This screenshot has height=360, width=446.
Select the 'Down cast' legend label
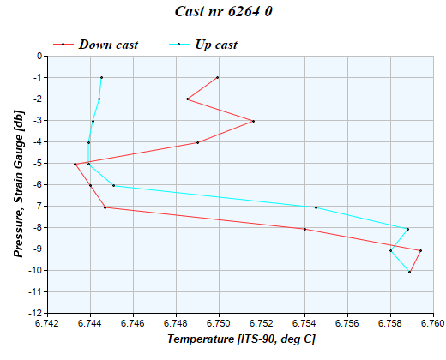(x=108, y=44)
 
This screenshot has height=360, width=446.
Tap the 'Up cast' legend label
(x=215, y=44)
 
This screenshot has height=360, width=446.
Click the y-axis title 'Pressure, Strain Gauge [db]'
(x=17, y=183)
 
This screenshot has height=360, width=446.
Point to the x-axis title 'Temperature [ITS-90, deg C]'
(x=241, y=339)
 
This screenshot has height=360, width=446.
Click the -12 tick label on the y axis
(x=34, y=314)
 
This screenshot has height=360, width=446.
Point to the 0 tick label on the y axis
(x=38, y=57)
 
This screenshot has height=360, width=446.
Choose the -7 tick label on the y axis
(x=37, y=207)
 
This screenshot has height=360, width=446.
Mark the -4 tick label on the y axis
(x=37, y=142)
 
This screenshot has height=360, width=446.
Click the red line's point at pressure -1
(x=218, y=77)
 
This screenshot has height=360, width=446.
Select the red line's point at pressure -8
(x=304, y=229)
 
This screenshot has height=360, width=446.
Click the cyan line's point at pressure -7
(x=316, y=207)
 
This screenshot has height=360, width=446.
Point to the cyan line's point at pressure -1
(x=101, y=77)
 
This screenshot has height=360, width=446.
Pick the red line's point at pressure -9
(x=420, y=250)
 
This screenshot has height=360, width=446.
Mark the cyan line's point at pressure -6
(x=113, y=185)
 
